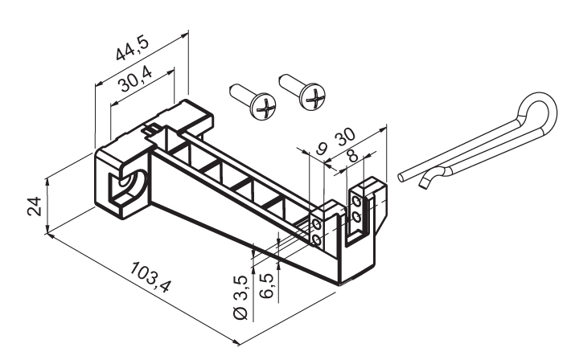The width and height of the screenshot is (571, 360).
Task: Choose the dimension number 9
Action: [x=322, y=147]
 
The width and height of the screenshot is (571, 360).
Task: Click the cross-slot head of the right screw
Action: [x=312, y=99]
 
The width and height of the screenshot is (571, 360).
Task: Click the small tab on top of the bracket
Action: [x=150, y=128]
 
